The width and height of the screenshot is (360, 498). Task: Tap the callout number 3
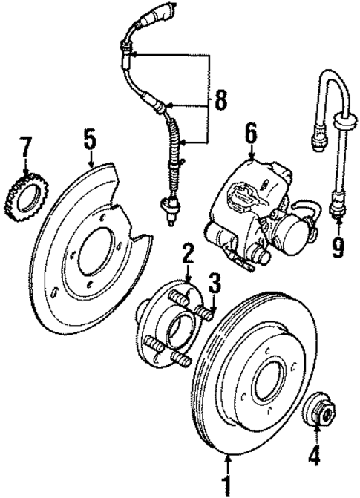(x=214, y=283)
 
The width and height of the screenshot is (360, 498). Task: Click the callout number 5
(x=89, y=137)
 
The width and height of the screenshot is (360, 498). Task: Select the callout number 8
(x=220, y=100)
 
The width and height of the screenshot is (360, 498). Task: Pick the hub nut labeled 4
(x=319, y=409)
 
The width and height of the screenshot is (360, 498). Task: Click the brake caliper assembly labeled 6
(x=256, y=212)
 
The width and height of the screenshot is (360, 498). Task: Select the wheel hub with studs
(x=173, y=323)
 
